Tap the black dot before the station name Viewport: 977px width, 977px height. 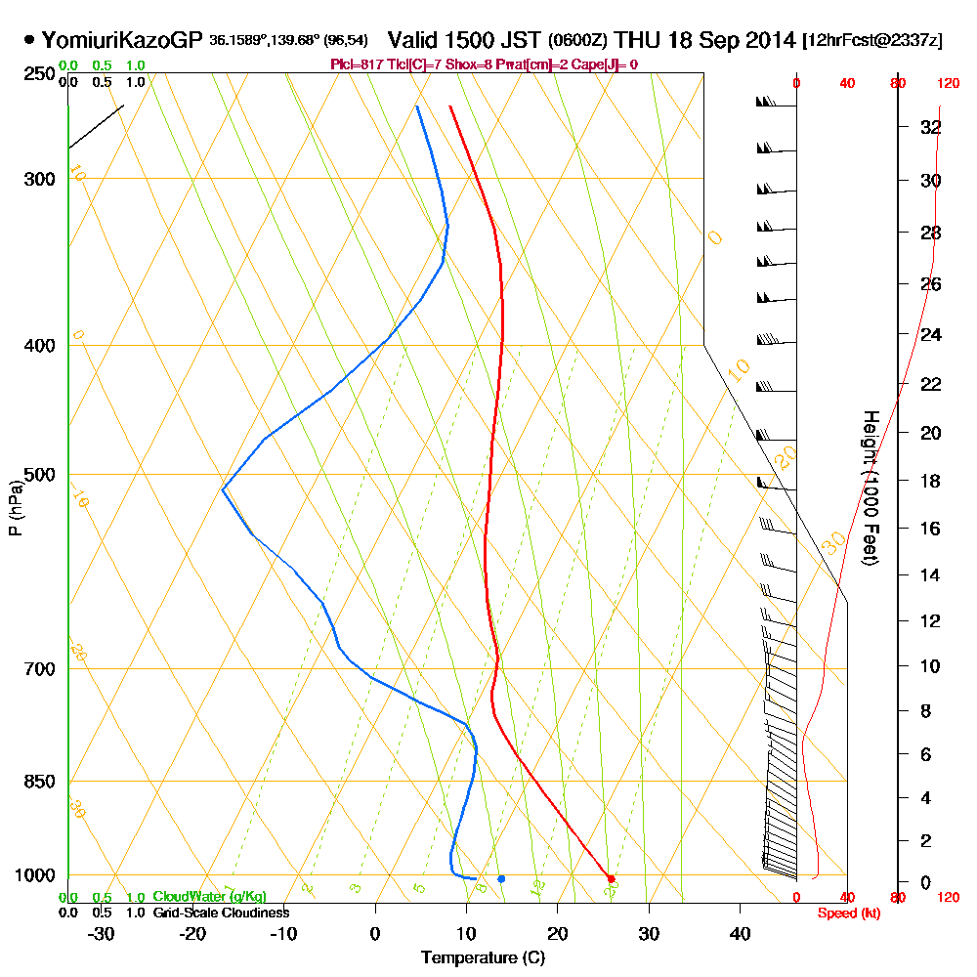tap(29, 41)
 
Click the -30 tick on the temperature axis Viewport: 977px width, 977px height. tap(102, 934)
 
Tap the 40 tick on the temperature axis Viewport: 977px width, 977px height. tap(740, 934)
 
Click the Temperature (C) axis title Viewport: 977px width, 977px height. tap(483, 958)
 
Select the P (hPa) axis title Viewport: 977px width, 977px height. tap(15, 507)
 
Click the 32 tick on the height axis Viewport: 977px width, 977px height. tap(931, 127)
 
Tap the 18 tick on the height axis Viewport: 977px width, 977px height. tap(931, 481)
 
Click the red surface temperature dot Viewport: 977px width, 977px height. tap(611, 879)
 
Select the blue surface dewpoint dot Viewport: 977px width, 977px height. tap(501, 878)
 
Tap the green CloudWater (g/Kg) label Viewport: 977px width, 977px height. tap(209, 897)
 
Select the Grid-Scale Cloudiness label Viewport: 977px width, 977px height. tap(220, 913)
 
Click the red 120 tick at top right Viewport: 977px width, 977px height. tap(947, 84)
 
